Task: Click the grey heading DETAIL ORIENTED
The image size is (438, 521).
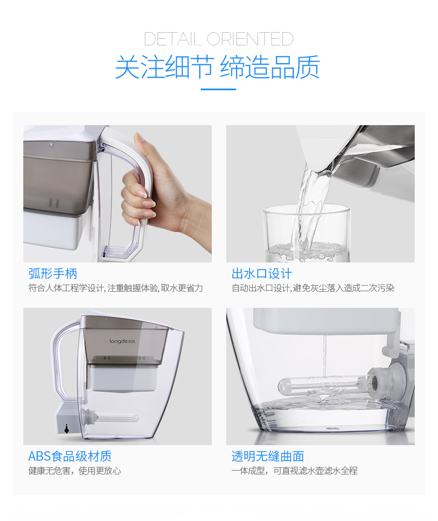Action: point(218,39)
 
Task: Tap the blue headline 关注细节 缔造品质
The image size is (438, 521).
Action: point(218,68)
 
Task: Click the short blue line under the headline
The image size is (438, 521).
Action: point(218,89)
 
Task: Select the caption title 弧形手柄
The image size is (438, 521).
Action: point(53,274)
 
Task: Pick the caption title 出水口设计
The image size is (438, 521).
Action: point(262,274)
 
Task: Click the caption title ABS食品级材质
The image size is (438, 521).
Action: point(70,456)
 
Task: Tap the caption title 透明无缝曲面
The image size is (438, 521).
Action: point(268,456)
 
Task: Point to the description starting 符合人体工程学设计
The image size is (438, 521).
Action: point(115,288)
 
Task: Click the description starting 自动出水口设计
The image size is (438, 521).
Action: point(313,288)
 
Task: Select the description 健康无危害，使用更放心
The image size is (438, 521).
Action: point(74,471)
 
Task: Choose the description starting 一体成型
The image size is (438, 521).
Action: point(294,471)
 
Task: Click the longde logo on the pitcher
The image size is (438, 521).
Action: point(122,341)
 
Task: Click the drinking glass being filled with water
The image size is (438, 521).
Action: point(307,233)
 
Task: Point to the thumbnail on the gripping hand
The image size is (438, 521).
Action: point(139,137)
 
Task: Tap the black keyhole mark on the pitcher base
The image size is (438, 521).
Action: point(66,429)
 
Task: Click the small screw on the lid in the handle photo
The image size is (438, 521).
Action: point(50,144)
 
